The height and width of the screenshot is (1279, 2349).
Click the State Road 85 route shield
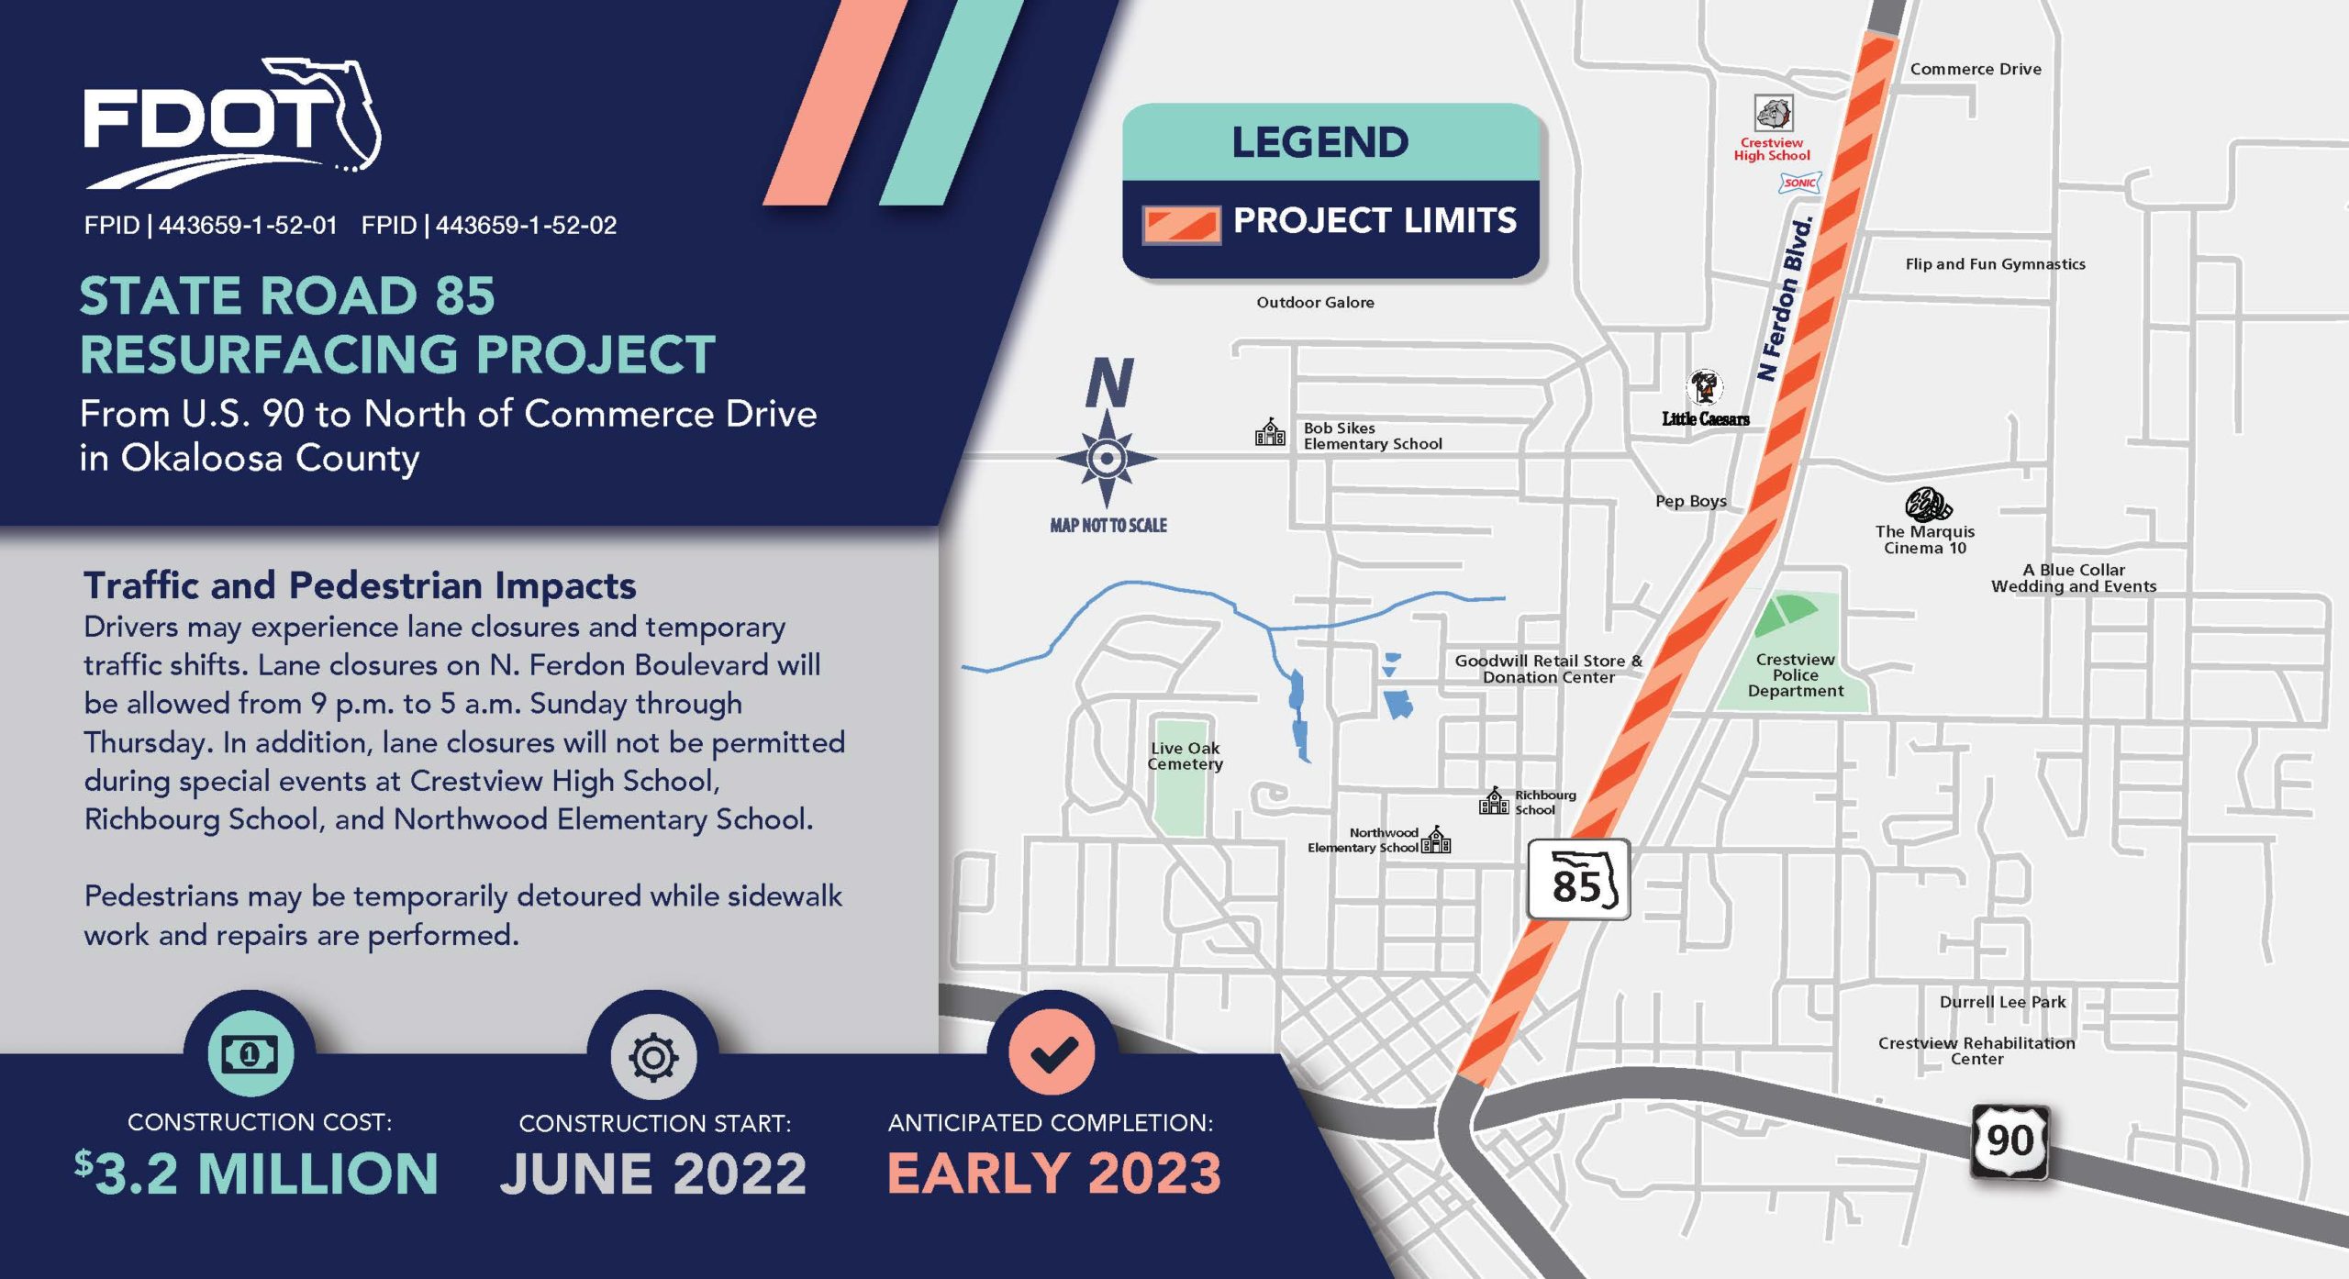[1578, 880]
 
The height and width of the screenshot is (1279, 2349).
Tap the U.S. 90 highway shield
[2009, 1142]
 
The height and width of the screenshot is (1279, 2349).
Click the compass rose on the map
[1107, 458]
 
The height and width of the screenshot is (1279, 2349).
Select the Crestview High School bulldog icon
[1773, 114]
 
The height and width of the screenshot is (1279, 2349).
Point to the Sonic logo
[1799, 183]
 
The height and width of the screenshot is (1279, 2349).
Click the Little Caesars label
[1706, 419]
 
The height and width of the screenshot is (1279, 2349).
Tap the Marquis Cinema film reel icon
[1927, 505]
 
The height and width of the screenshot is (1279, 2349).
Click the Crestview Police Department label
[1796, 675]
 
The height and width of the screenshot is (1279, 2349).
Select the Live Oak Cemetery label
[1186, 756]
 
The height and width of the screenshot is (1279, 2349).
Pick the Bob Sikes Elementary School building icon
[1271, 432]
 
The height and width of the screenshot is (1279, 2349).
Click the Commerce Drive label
[1976, 69]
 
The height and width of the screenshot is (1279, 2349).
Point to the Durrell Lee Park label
[2002, 1002]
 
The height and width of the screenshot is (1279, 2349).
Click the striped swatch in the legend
[1182, 224]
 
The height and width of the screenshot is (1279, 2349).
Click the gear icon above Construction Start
[653, 1057]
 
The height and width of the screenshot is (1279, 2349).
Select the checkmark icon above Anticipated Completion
[1052, 1053]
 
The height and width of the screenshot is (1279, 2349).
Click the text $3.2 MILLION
[257, 1173]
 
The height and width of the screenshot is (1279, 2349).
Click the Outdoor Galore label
[1315, 303]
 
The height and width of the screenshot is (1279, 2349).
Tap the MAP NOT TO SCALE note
[1108, 526]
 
